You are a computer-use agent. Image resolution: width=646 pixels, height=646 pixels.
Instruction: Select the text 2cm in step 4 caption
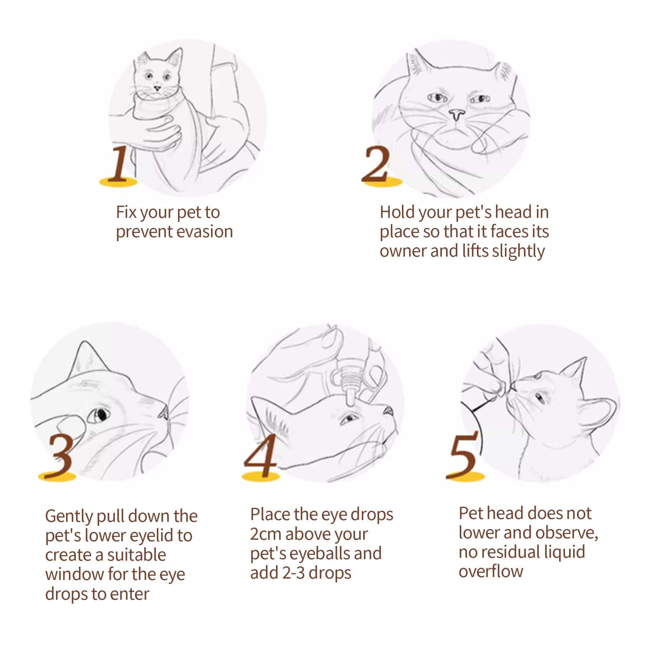click(266, 534)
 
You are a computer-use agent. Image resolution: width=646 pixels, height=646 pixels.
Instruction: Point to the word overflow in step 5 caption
click(491, 571)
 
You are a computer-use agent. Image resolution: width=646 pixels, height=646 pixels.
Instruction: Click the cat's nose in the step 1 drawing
click(157, 88)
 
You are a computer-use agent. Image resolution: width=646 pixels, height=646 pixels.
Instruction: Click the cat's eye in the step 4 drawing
click(348, 418)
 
